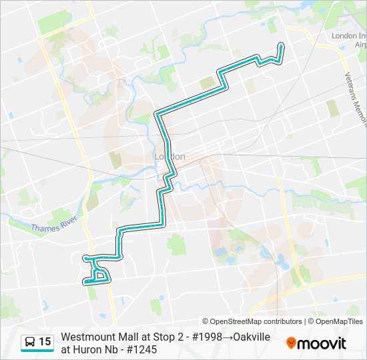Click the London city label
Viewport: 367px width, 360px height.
pyautogui.click(x=169, y=157)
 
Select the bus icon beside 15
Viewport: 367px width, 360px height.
pyautogui.click(x=30, y=342)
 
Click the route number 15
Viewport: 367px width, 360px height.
pyautogui.click(x=45, y=342)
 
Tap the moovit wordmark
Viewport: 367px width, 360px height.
pyautogui.click(x=322, y=343)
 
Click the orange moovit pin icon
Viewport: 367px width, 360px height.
pyautogui.click(x=291, y=343)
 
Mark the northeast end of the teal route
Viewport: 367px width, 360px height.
pyautogui.click(x=281, y=45)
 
